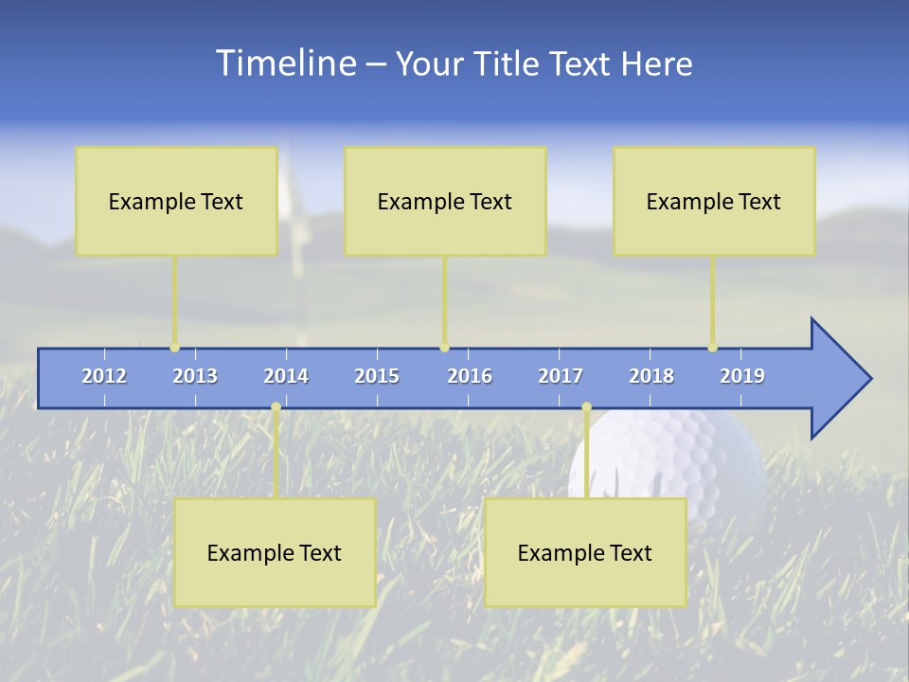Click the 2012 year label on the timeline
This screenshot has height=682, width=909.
coord(104,376)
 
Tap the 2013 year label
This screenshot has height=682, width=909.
coord(195,376)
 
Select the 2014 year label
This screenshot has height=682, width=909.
coord(286,376)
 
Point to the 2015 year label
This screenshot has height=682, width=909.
coord(377,376)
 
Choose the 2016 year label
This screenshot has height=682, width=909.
coord(470,376)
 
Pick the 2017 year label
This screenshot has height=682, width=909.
coord(561,376)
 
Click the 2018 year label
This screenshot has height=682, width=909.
coord(651,376)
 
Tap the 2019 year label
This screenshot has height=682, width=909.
coord(742,376)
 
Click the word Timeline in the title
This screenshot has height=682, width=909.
coord(286,63)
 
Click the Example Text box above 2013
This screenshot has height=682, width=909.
coord(176,201)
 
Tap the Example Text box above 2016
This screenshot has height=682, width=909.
coord(445,201)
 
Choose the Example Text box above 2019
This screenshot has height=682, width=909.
coord(714,201)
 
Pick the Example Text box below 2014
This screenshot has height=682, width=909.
coord(275,552)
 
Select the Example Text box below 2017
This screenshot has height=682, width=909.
coord(585,552)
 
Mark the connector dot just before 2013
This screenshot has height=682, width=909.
coord(175,348)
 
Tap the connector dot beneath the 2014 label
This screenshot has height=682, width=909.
coord(276,407)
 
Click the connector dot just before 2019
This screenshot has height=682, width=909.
coord(713,348)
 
